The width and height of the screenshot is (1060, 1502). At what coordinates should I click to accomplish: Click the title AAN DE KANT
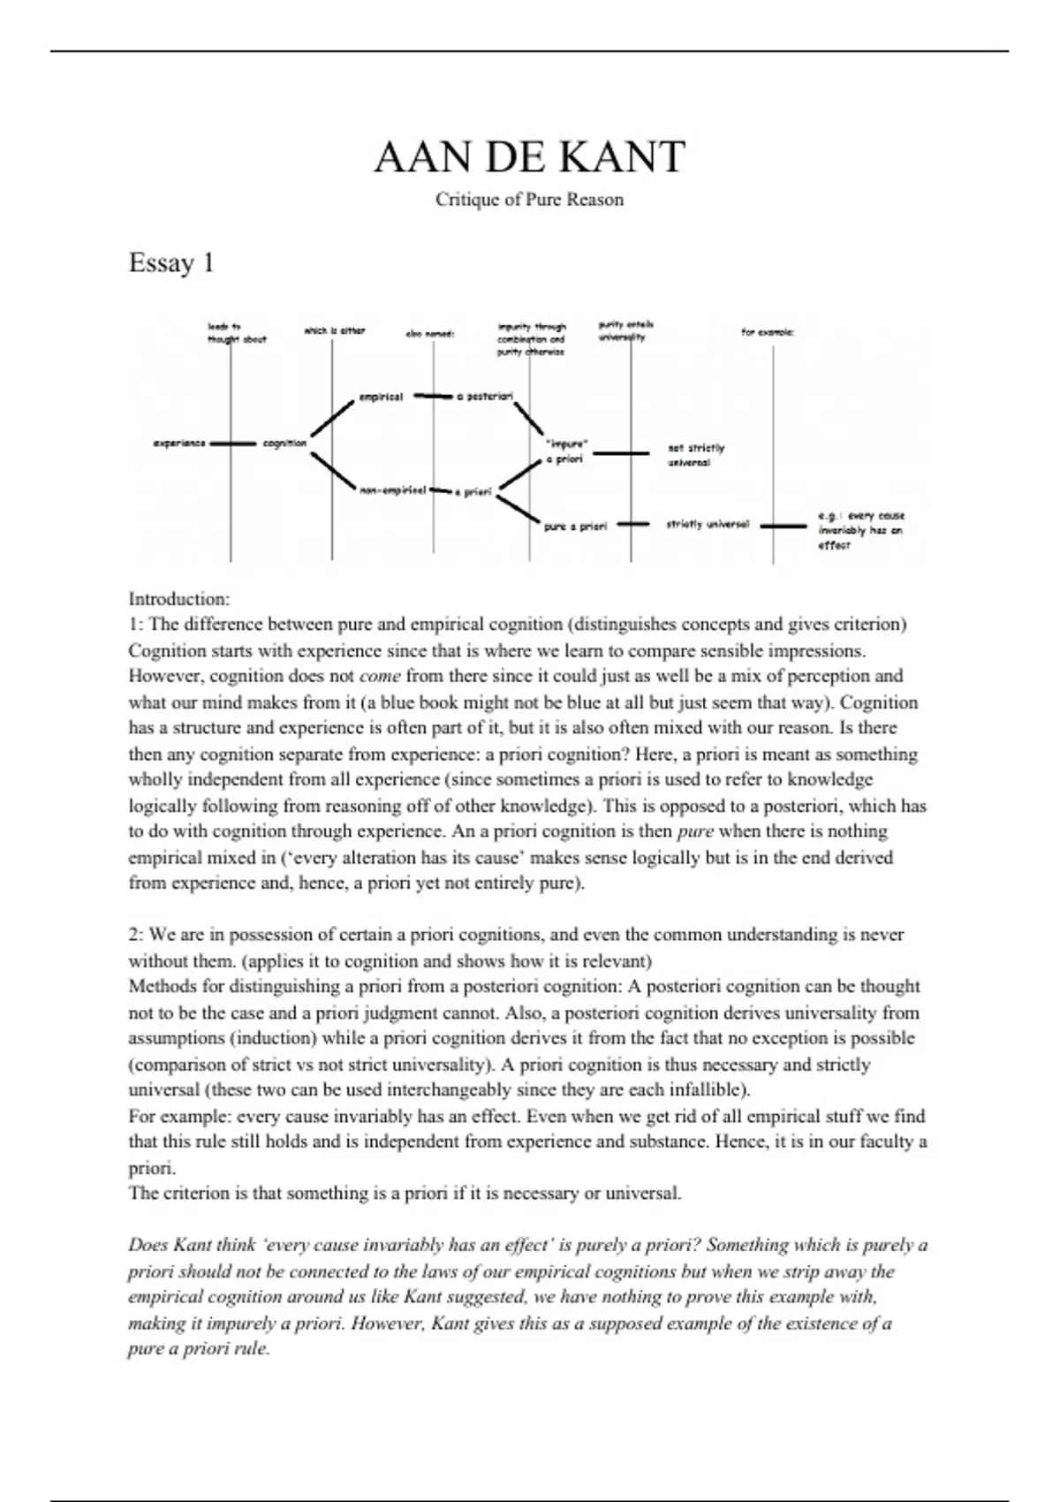(x=529, y=157)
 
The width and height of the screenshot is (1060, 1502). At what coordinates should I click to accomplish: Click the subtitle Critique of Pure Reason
(x=529, y=200)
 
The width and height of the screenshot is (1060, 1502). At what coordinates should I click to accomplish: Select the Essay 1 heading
(x=171, y=263)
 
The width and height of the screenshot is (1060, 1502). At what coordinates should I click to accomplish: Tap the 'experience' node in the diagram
(x=179, y=443)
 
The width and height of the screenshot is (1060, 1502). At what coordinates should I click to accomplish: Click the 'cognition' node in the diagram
(x=284, y=443)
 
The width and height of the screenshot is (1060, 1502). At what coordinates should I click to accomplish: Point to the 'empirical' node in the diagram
(x=381, y=398)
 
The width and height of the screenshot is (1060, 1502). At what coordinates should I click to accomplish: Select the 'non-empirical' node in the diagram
(x=393, y=489)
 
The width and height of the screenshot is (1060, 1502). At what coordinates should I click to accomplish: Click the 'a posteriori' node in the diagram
(x=484, y=398)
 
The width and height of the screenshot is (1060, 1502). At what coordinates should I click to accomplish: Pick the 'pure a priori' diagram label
(x=575, y=526)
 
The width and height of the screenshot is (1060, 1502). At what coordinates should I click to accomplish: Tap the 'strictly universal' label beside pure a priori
(x=708, y=525)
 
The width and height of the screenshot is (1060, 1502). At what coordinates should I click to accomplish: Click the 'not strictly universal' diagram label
(x=695, y=455)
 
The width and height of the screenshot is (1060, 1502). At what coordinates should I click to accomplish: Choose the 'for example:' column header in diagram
(x=767, y=333)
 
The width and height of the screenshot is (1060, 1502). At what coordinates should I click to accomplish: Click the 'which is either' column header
(x=334, y=331)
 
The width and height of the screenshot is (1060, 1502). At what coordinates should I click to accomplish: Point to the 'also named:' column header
(x=429, y=334)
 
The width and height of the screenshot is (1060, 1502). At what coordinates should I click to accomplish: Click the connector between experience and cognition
(x=232, y=443)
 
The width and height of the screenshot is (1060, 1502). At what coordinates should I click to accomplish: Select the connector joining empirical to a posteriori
(x=433, y=397)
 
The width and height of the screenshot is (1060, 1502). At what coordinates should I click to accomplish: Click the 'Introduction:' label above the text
(x=178, y=599)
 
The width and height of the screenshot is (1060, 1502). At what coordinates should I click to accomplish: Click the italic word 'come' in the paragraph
(x=380, y=677)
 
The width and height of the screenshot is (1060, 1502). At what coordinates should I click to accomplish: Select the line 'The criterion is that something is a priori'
(x=405, y=1194)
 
